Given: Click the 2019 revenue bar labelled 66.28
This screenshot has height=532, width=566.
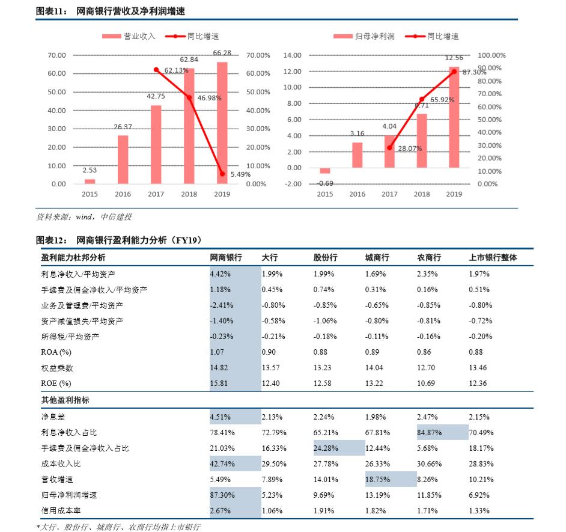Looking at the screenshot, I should (x=222, y=123).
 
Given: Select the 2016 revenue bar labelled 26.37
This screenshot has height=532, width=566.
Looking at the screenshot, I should (x=123, y=159).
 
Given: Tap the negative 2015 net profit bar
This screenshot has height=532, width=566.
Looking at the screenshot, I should (x=325, y=170).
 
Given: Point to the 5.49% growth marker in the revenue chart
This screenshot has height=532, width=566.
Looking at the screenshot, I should (x=222, y=174).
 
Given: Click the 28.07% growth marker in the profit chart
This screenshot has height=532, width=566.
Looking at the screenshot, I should (x=389, y=148).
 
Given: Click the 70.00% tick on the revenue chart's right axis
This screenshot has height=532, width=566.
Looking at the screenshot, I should (x=258, y=55).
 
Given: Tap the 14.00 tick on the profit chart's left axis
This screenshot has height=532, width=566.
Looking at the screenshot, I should (x=292, y=55).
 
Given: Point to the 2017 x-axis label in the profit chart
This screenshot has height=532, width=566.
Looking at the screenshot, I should (x=389, y=194).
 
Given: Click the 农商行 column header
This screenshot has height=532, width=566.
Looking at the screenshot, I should (x=429, y=257).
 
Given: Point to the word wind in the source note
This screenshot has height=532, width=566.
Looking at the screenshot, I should (x=84, y=217).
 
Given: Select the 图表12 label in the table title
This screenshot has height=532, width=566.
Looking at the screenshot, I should (x=52, y=240).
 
